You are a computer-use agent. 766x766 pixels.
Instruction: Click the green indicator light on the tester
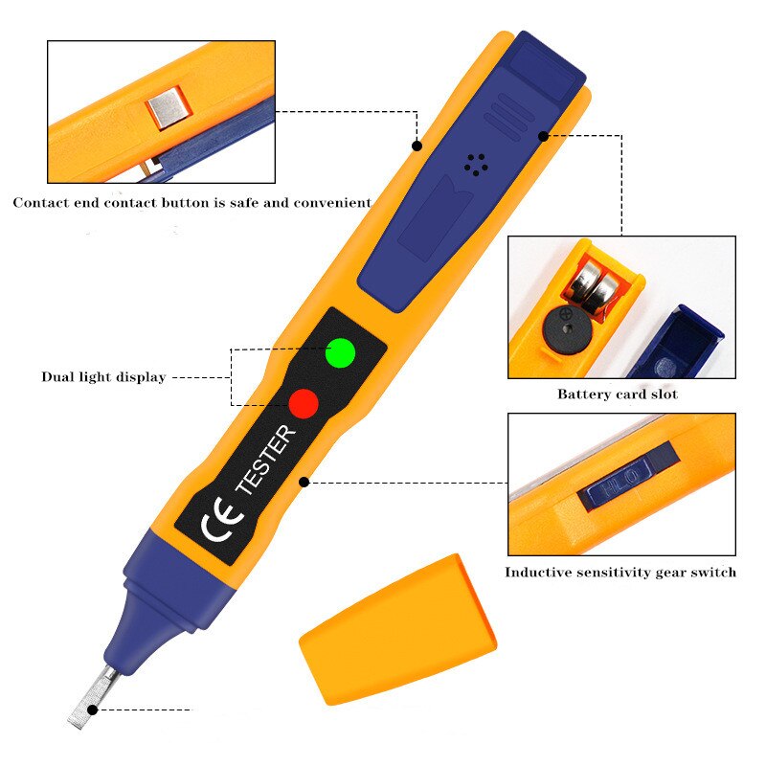coord(340,352)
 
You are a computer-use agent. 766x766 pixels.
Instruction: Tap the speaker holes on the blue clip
coord(475,165)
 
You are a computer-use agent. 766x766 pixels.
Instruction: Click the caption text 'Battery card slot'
coord(617,394)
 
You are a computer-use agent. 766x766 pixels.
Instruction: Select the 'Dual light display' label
coord(103,377)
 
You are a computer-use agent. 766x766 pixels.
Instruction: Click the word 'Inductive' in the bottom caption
coord(539,573)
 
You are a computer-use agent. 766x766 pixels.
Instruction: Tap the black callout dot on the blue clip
coord(543,136)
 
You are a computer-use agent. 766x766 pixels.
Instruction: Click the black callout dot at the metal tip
coord(93,710)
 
